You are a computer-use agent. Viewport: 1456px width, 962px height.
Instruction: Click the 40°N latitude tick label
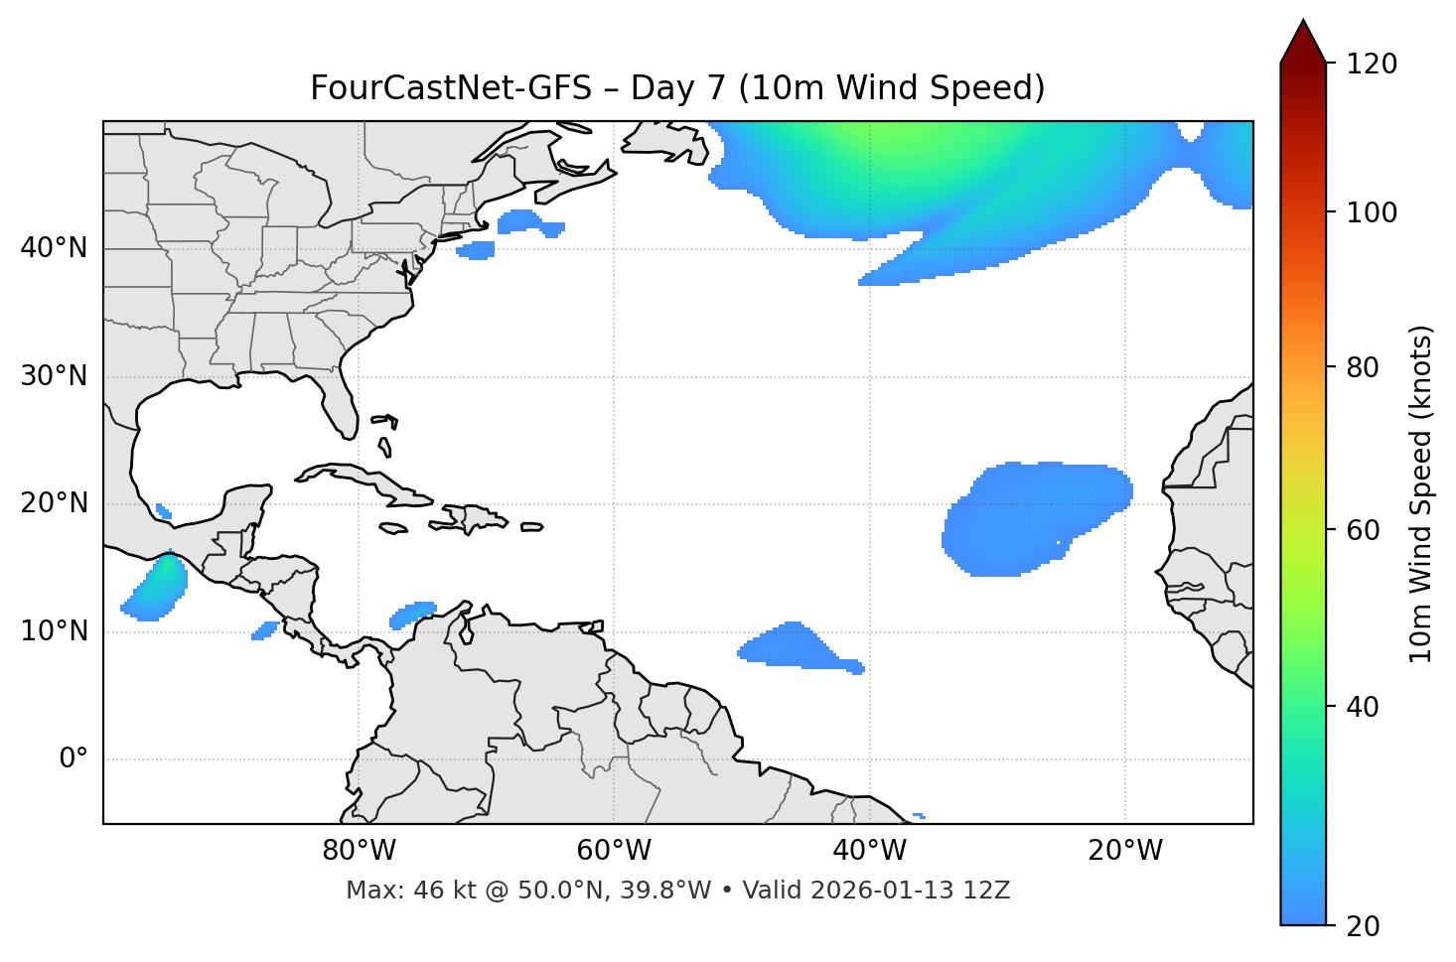54,248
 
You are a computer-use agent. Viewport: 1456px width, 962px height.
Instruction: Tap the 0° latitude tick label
73,759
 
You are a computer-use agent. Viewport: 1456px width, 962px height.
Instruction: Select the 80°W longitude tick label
359,851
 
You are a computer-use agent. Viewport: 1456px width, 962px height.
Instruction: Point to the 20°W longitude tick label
1125,851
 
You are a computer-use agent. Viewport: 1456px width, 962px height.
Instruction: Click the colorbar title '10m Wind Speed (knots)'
1421,494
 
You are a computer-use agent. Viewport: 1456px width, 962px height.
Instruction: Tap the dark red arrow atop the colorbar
1303,43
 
